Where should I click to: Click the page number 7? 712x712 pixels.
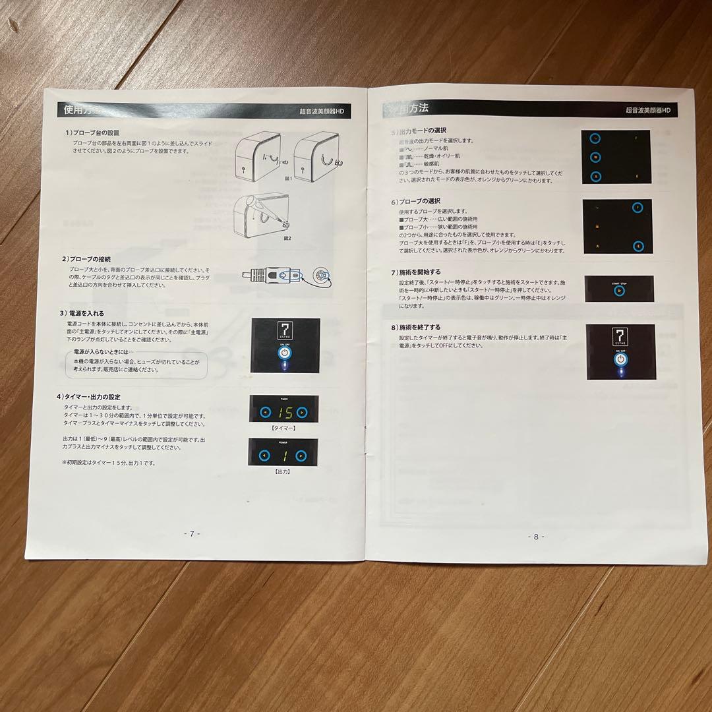click(191, 534)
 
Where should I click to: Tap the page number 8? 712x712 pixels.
click(536, 537)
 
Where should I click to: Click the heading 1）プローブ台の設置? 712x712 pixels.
click(92, 133)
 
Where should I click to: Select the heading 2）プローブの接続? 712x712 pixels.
click(87, 258)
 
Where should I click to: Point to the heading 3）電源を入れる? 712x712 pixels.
click(82, 313)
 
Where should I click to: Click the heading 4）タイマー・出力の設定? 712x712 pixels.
click(88, 396)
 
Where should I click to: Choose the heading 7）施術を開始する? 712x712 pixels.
click(416, 272)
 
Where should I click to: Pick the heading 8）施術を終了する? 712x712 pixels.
click(416, 327)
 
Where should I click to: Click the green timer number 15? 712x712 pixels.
click(283, 413)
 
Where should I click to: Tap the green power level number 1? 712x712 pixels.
click(283, 455)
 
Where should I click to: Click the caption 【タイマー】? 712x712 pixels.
click(283, 429)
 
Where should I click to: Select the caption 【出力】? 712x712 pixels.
click(283, 471)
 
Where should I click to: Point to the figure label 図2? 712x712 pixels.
click(287, 237)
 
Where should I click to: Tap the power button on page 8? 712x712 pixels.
click(620, 360)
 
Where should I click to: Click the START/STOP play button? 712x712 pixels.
click(619, 291)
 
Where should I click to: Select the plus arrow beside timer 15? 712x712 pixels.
click(302, 413)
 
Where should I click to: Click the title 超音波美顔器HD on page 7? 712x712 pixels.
click(322, 112)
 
